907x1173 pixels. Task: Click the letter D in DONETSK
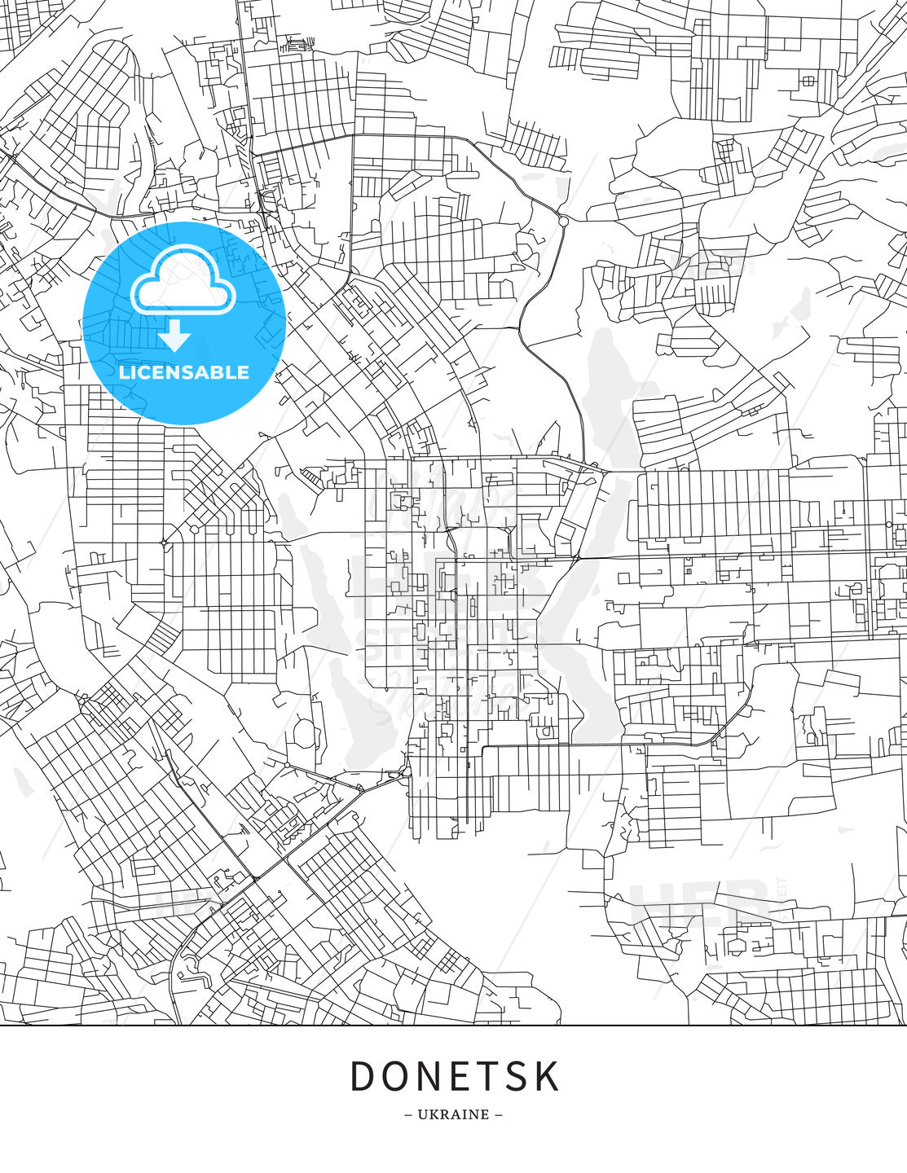(x=362, y=1076)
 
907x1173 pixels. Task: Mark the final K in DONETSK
(x=548, y=1076)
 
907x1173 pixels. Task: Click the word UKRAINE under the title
(x=453, y=1114)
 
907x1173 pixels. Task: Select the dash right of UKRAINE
(x=499, y=1114)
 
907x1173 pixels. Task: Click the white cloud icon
(x=183, y=281)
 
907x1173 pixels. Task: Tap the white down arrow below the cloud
(x=176, y=336)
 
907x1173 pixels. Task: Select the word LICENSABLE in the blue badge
(x=184, y=372)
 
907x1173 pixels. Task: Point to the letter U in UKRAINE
(x=422, y=1114)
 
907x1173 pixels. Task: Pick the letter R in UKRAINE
(x=443, y=1114)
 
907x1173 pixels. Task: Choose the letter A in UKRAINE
(x=455, y=1114)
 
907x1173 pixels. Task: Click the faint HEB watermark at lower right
(x=701, y=902)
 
